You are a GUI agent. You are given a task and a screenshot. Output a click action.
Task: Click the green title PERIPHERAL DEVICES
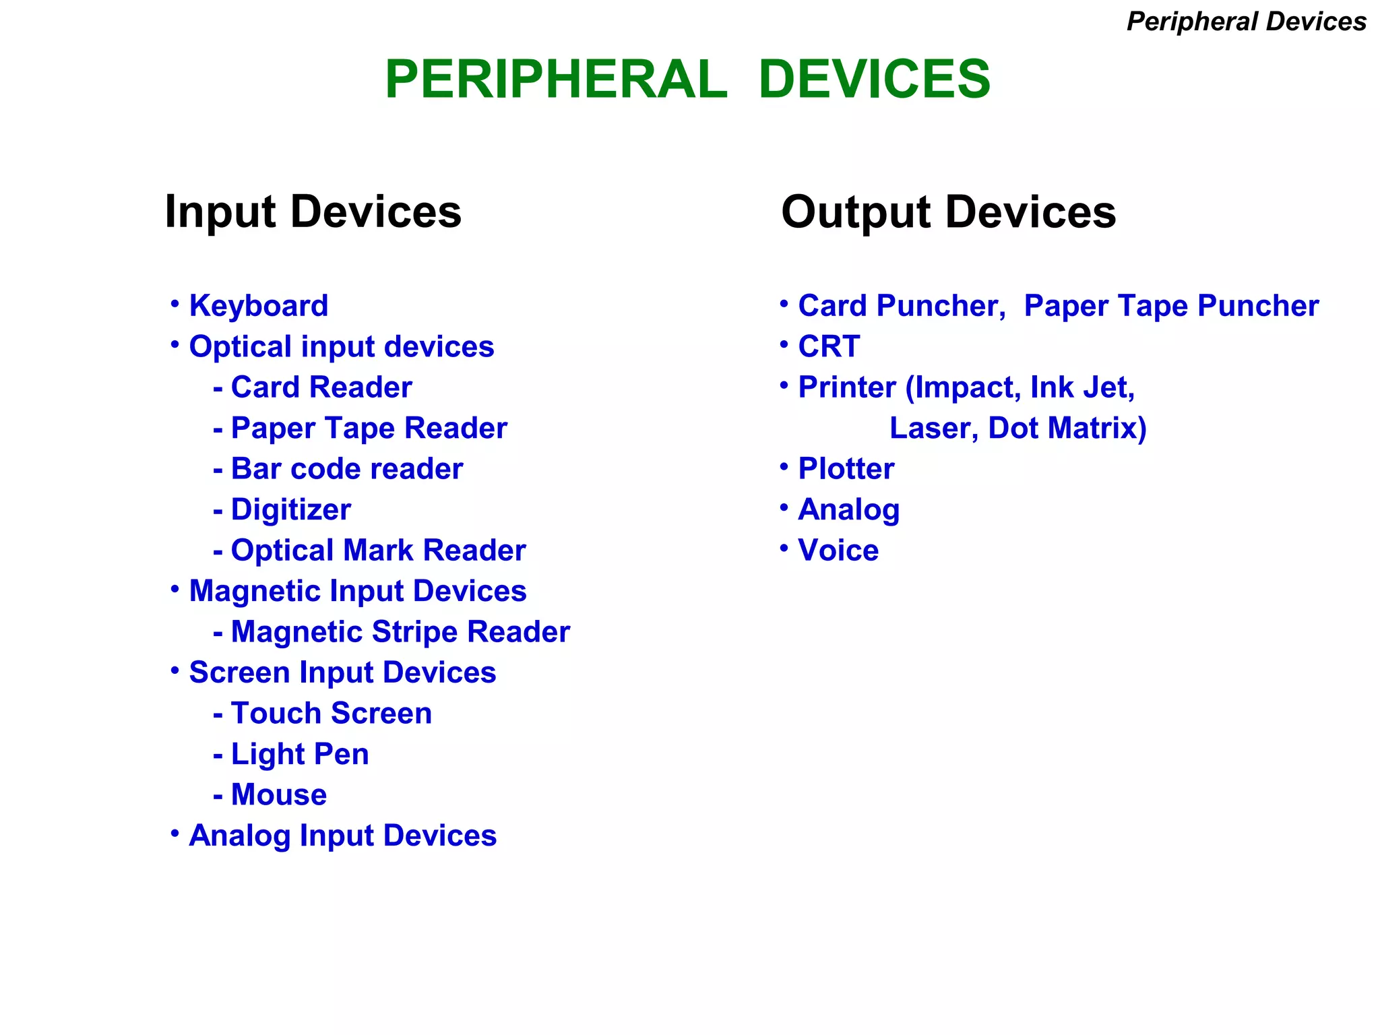coord(687,80)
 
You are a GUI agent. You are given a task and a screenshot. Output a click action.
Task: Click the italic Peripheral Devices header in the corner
coord(1246,22)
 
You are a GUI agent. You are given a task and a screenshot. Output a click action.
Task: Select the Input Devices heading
coord(313,212)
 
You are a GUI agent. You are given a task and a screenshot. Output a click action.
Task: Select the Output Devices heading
coord(948,212)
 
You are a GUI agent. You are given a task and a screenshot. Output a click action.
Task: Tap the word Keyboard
coord(259,306)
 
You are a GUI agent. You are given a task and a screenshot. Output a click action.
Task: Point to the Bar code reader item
coord(346,469)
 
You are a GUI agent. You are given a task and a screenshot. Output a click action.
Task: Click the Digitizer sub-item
coord(290,510)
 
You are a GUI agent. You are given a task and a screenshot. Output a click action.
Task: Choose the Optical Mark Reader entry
coord(378,551)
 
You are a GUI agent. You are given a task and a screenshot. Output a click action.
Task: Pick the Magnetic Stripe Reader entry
coord(400,632)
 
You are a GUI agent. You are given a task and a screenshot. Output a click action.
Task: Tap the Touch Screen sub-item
coord(331,714)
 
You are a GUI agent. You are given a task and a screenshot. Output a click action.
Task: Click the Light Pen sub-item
coord(300,754)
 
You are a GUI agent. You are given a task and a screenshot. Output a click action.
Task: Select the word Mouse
coord(279,795)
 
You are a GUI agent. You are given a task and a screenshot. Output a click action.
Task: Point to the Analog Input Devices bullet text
coord(342,836)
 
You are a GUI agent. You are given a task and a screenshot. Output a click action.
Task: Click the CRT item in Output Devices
coord(829,347)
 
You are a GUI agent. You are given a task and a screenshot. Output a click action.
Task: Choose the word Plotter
coord(846,469)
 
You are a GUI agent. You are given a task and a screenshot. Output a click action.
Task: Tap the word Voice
coord(838,551)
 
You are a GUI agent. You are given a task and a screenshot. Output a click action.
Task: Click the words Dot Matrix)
coord(1067,429)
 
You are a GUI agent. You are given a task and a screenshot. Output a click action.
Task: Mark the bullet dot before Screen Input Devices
coord(175,670)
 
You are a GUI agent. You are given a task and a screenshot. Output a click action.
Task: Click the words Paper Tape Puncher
coord(1170,306)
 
